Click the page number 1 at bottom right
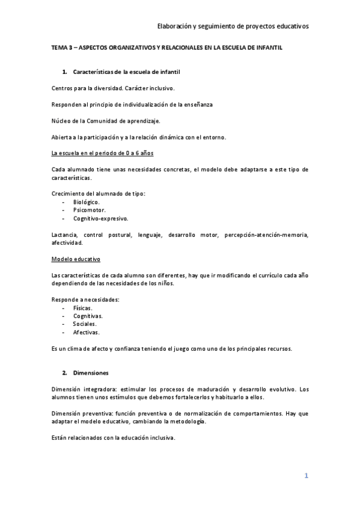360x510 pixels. point(306,476)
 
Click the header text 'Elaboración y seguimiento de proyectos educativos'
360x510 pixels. point(233,26)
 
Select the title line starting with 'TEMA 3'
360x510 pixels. point(167,46)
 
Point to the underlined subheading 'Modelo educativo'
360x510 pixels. point(76,259)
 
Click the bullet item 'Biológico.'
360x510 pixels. point(87,202)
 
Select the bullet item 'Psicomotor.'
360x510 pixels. point(89,210)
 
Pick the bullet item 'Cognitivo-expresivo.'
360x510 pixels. point(101,218)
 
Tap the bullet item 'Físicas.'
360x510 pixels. point(83,307)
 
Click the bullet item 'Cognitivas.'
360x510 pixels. point(88,316)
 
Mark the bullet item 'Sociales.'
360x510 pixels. point(85,324)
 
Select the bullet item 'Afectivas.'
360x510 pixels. point(87,332)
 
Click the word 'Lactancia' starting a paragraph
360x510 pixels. point(64,234)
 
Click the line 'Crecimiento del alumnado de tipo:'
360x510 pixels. point(99,194)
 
